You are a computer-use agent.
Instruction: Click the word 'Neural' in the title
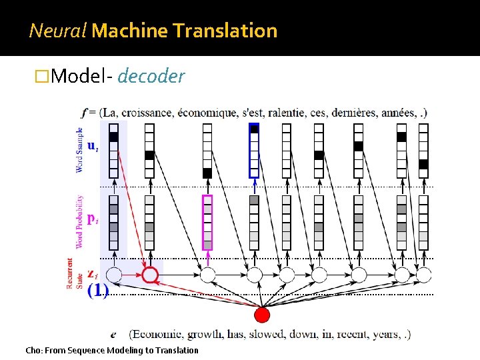coord(58,30)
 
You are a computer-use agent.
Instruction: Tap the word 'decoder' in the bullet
coord(151,77)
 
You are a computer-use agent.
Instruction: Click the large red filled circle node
coord(263,314)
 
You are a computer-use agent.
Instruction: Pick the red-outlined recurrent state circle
coord(151,274)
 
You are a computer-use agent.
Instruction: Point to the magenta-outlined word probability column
coord(207,222)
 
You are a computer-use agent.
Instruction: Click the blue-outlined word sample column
coord(254,151)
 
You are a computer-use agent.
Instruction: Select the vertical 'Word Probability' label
coord(79,222)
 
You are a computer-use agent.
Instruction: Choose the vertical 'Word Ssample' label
coord(79,150)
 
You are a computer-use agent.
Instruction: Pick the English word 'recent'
coord(345,334)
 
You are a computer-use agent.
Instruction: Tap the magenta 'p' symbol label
coord(92,219)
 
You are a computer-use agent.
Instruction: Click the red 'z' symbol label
coord(93,274)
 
